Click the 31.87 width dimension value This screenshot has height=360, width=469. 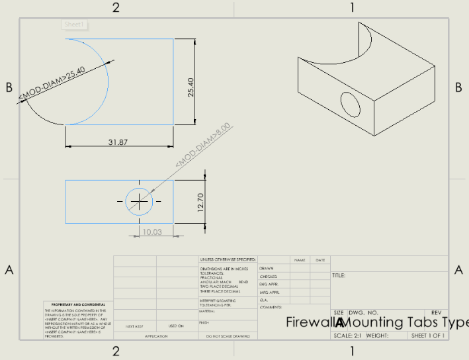[118, 142]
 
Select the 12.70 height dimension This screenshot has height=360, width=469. [202, 201]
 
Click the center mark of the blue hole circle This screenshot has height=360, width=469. [139, 201]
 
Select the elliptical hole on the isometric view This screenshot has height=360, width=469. [351, 105]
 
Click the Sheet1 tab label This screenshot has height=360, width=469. [75, 24]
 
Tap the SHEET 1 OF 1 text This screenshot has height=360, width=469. [427, 336]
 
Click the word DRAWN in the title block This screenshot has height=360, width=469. [267, 268]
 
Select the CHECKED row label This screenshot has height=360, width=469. [268, 277]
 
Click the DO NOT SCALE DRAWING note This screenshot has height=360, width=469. [227, 336]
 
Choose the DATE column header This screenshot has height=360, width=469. [320, 260]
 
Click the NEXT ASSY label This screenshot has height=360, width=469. [135, 326]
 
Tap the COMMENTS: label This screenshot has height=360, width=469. [271, 307]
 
